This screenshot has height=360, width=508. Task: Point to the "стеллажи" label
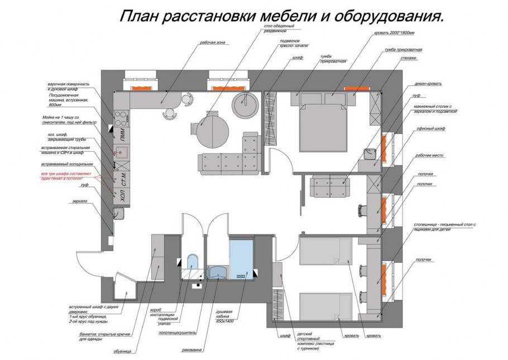pyautogui.click(x=409, y=58)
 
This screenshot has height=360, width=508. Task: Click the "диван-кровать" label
pyautogui.click(x=428, y=84)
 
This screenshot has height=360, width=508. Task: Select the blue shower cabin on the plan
pyautogui.click(x=241, y=256)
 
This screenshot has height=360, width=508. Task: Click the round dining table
pyautogui.click(x=213, y=129)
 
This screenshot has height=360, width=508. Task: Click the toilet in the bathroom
pyautogui.click(x=192, y=263)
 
